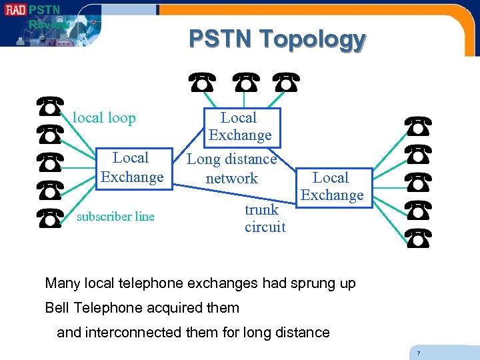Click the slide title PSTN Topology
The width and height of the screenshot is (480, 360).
click(x=277, y=39)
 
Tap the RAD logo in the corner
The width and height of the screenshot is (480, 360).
click(x=15, y=10)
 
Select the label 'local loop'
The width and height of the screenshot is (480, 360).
click(x=104, y=118)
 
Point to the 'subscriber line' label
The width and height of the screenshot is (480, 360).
click(x=115, y=216)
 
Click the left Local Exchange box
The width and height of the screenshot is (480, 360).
click(x=131, y=167)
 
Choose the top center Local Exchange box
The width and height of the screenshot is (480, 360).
click(x=239, y=127)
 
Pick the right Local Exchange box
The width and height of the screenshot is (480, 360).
click(x=331, y=187)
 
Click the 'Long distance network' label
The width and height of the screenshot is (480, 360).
click(x=231, y=169)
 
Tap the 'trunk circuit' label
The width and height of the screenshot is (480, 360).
click(x=265, y=218)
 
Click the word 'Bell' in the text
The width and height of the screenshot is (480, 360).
click(x=57, y=307)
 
